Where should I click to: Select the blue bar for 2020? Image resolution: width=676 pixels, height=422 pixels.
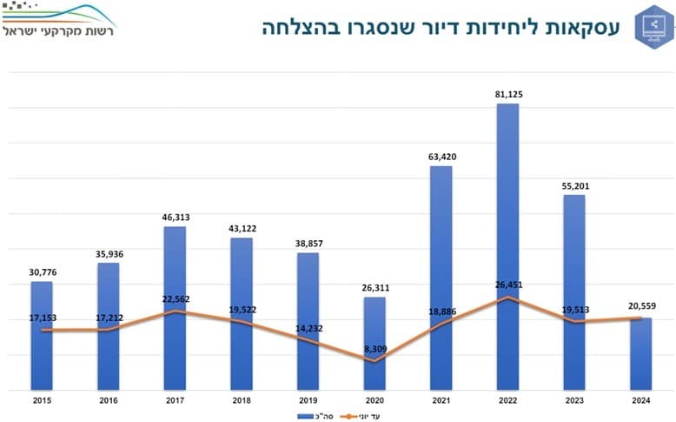[374, 343]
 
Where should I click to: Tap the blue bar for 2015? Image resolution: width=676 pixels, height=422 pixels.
[42, 335]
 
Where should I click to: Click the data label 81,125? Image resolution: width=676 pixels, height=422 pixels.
[507, 94]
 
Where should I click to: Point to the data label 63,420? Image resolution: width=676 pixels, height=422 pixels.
[441, 157]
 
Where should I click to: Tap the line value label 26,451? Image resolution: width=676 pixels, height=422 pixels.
[507, 285]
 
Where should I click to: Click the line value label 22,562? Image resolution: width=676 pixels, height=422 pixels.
[175, 299]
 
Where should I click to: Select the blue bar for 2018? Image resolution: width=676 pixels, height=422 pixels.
[242, 313]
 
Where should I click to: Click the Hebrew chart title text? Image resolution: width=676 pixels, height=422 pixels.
[441, 27]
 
